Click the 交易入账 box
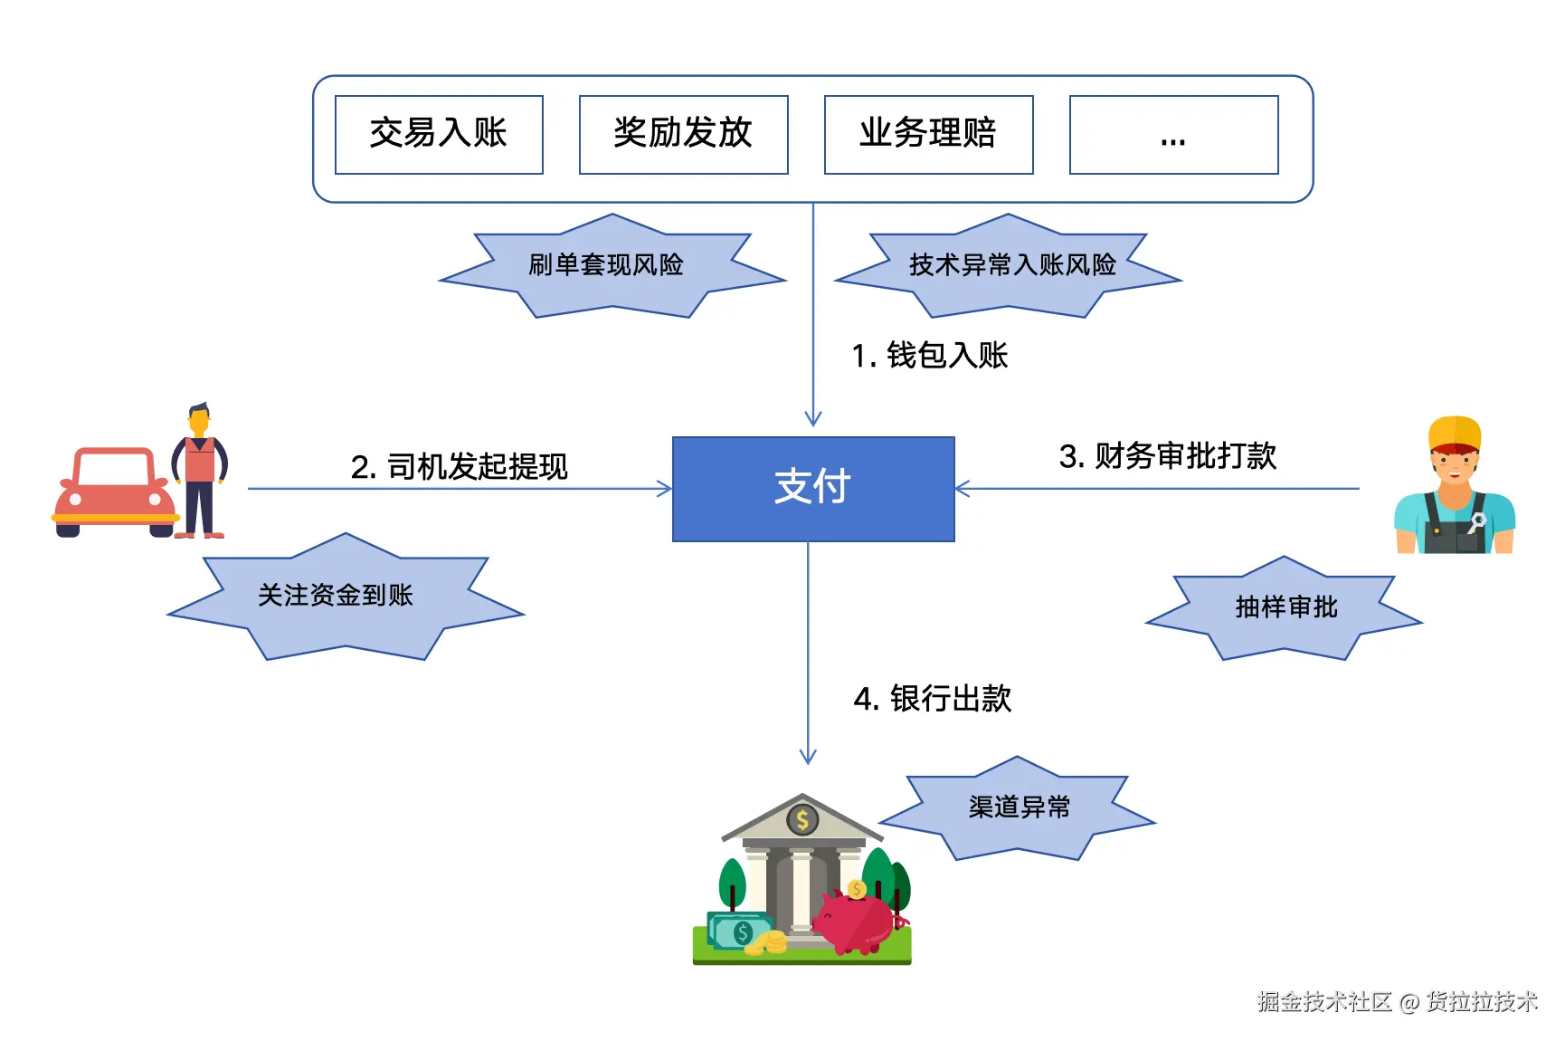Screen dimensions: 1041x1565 click(x=439, y=134)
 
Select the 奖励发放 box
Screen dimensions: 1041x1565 click(x=683, y=134)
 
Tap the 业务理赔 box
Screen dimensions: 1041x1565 click(x=928, y=134)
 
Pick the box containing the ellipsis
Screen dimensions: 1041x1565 click(x=1173, y=134)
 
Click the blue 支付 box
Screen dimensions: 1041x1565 click(x=812, y=489)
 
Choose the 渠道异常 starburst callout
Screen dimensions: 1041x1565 click(x=1019, y=807)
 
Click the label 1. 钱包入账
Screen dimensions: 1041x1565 click(x=929, y=356)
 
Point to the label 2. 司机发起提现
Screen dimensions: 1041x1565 click(x=459, y=467)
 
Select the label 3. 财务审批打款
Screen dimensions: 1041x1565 click(x=1167, y=456)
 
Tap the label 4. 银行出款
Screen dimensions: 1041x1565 click(x=932, y=699)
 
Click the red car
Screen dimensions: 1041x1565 click(x=113, y=493)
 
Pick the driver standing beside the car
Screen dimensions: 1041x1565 click(x=200, y=471)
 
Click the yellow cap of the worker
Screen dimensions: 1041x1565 click(x=1454, y=433)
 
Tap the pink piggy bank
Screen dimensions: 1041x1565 click(x=856, y=922)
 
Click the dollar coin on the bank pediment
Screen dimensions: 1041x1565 click(x=802, y=820)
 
